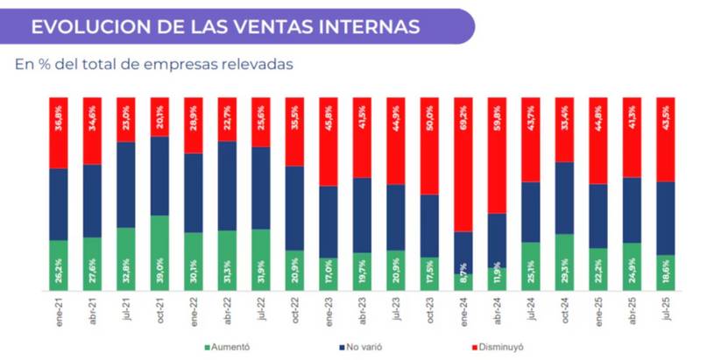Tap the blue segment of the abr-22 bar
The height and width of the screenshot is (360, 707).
pyautogui.click(x=227, y=186)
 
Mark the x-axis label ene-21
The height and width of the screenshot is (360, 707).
pyautogui.click(x=59, y=311)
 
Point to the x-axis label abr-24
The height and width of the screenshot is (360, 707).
pyautogui.click(x=498, y=311)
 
